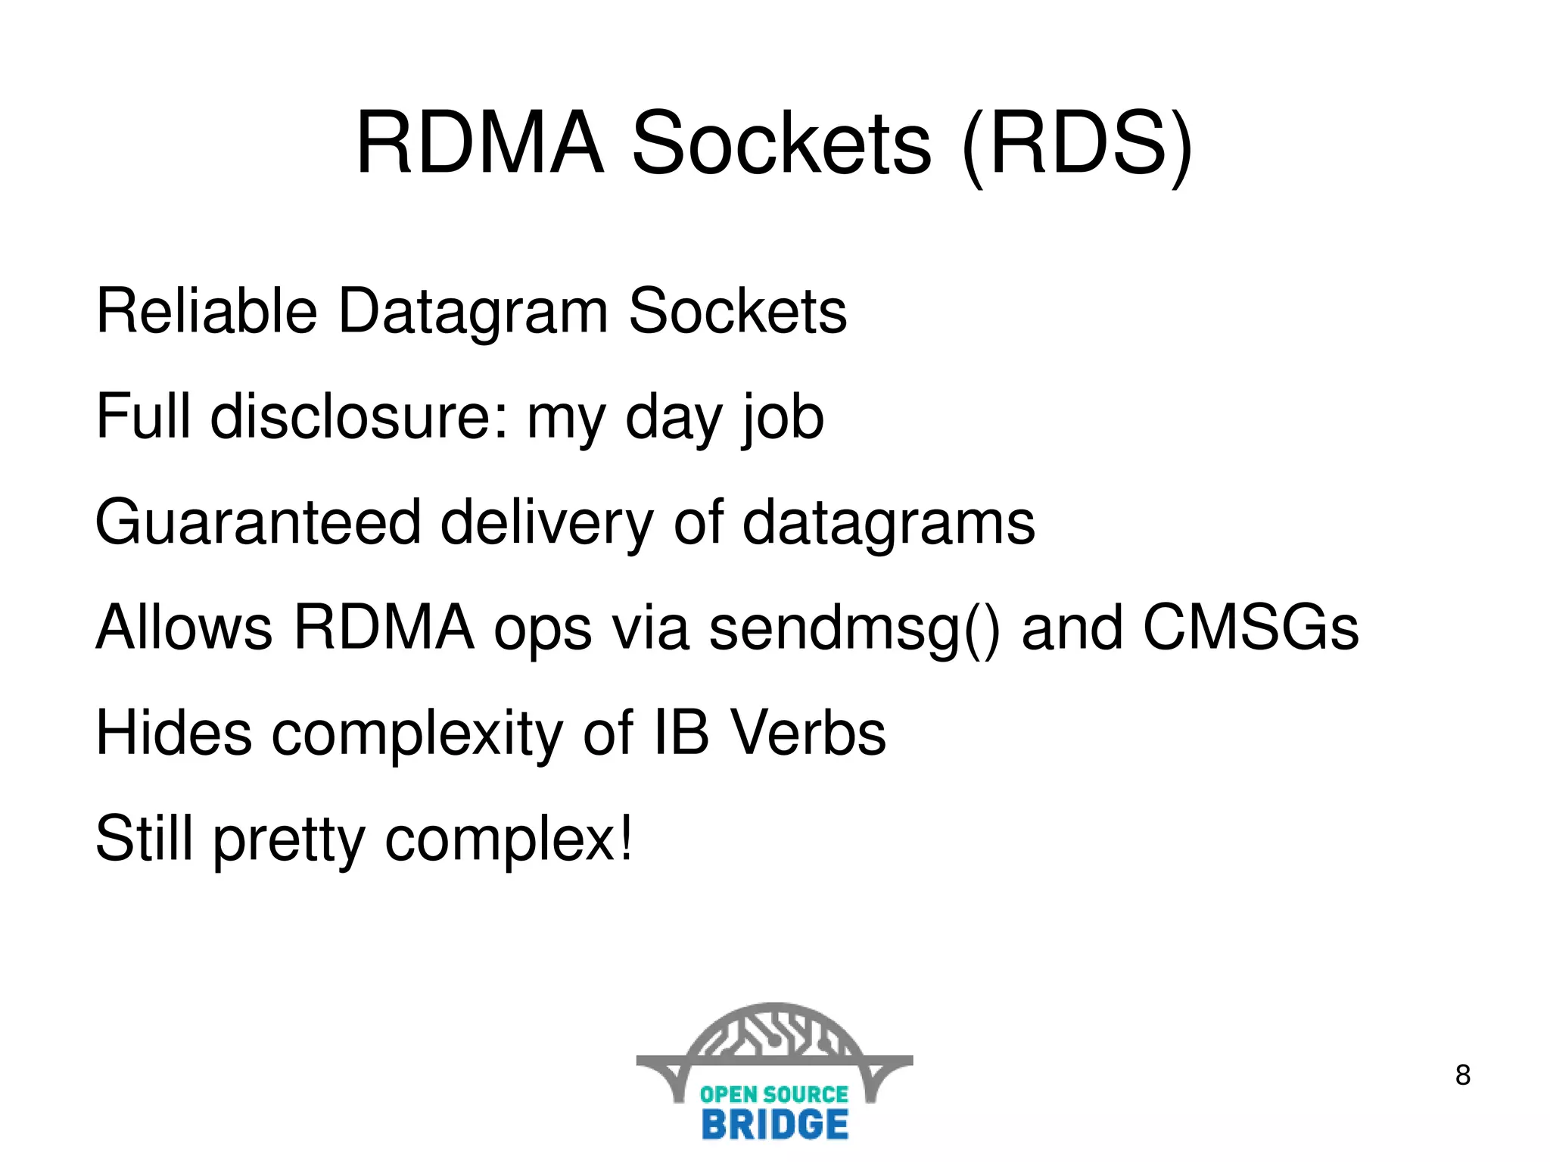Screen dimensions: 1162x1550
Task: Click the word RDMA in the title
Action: point(480,144)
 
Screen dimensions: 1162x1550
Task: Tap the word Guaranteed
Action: point(258,522)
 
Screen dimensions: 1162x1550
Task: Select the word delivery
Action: point(546,524)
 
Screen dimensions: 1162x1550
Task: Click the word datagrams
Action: point(889,524)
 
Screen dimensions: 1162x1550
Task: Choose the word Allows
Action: point(183,628)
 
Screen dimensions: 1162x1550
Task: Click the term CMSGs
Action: point(1250,628)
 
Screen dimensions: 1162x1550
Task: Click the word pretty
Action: point(289,840)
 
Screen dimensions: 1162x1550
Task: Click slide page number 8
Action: point(1462,1075)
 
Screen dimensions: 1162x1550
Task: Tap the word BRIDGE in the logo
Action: point(775,1124)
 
